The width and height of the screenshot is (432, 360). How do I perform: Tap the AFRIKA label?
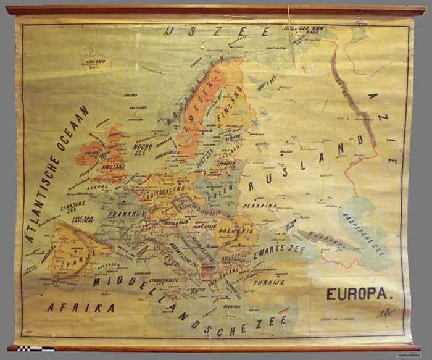tap(80, 308)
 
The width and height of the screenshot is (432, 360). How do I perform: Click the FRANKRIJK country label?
tap(125, 214)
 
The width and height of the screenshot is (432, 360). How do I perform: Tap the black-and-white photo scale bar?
tap(35, 348)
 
